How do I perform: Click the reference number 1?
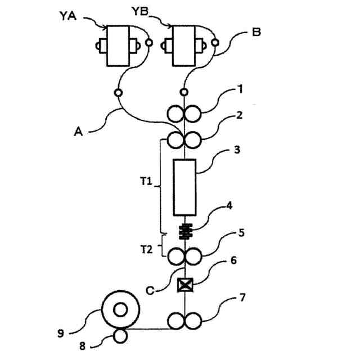tap(239, 88)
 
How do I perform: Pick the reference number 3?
tap(238, 150)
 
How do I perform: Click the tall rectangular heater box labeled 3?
tap(185, 187)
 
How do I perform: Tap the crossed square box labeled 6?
tap(184, 285)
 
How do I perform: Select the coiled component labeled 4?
tap(185, 230)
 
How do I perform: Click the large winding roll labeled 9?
tap(120, 309)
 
